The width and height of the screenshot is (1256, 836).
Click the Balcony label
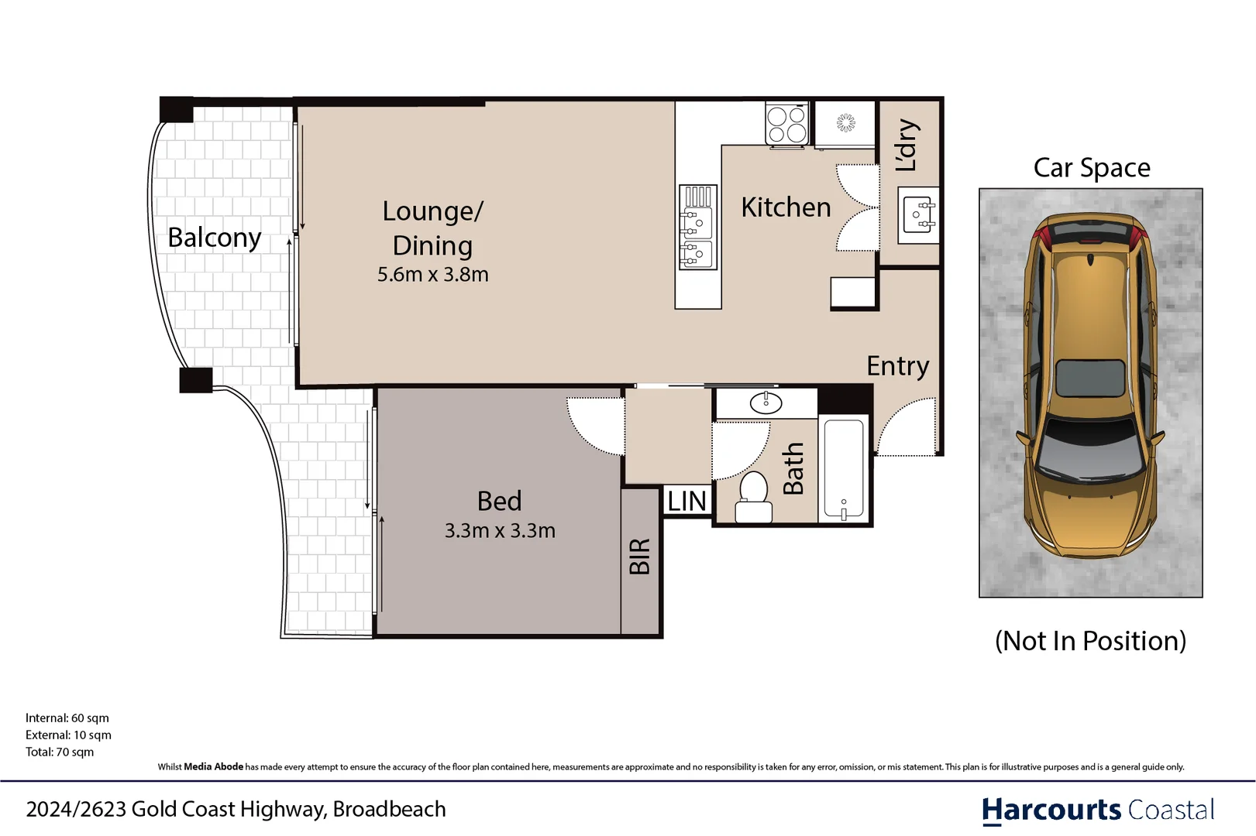[215, 238]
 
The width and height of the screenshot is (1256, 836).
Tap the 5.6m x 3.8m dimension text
[432, 275]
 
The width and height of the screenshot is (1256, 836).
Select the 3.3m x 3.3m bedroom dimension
[500, 531]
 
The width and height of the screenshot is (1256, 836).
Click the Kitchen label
[786, 207]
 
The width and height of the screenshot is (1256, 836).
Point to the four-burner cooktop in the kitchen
[786, 125]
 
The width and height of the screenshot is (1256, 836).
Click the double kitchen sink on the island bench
[697, 228]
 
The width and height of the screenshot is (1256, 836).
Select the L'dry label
[906, 145]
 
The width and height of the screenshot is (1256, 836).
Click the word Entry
[897, 365]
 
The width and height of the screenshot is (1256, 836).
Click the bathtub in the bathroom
[843, 469]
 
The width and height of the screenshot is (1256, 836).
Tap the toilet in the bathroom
[753, 499]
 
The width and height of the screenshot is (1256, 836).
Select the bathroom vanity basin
[766, 403]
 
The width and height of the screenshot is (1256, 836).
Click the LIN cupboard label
[686, 502]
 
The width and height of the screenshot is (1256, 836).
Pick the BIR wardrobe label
[640, 557]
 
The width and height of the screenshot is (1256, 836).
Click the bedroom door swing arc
[594, 427]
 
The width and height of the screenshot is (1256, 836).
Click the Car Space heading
[1091, 168]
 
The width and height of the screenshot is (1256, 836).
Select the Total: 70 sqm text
[60, 752]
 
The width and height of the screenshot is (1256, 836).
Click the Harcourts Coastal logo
[1097, 810]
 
